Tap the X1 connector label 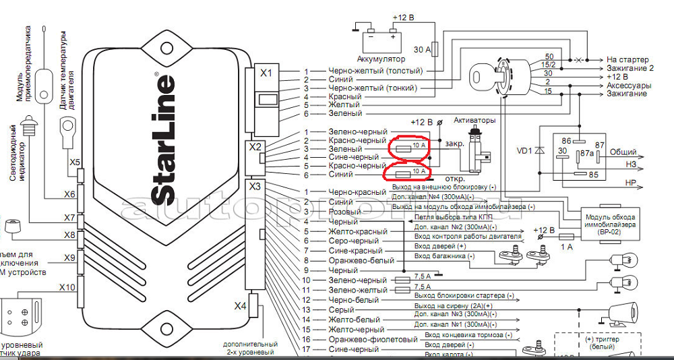click(x=266, y=73)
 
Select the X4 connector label click(x=241, y=306)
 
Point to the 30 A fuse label click(x=421, y=49)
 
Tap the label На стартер click(x=629, y=59)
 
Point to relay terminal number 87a click(x=586, y=154)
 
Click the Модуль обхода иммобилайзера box click(x=609, y=220)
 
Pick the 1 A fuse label click(x=565, y=247)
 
